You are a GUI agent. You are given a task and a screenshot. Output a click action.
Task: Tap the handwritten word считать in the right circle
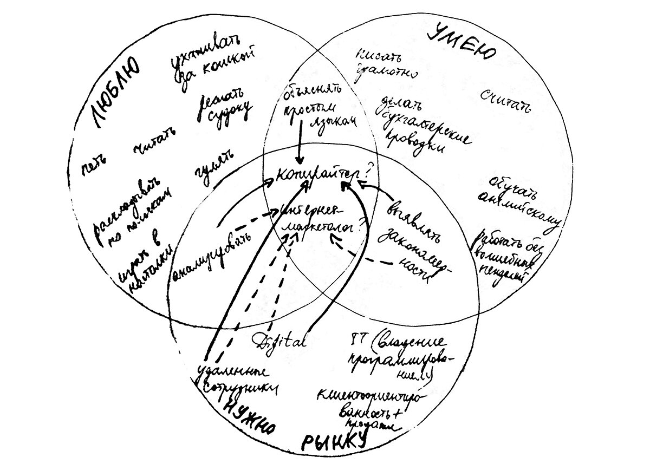[505, 100]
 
